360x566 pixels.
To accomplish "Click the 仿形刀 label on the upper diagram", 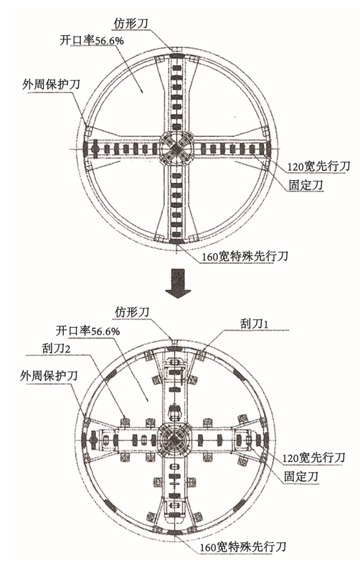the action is click(x=131, y=24).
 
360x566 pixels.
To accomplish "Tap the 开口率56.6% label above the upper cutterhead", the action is click(x=92, y=40).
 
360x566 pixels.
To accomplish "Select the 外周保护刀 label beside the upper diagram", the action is click(x=51, y=85).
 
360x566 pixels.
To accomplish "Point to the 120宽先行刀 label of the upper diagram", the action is click(x=319, y=166).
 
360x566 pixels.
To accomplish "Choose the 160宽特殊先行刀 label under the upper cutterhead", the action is click(x=245, y=256).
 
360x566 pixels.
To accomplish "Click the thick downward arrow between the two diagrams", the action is click(x=177, y=283).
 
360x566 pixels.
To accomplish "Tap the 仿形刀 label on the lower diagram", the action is click(x=132, y=312).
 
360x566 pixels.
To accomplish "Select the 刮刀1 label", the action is click(x=255, y=324).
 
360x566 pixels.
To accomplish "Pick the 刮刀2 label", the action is click(x=56, y=348).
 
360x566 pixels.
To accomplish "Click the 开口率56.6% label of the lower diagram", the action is click(x=87, y=331).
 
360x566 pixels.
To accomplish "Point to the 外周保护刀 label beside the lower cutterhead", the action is click(x=49, y=376).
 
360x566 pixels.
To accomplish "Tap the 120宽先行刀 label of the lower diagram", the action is click(x=313, y=458).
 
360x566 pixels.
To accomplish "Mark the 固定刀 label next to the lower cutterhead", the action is click(x=301, y=476).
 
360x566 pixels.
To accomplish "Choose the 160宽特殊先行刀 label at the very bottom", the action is click(x=243, y=546).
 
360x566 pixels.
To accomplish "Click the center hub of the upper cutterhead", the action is click(x=176, y=148).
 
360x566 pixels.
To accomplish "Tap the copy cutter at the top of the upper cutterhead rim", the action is click(x=176, y=49).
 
